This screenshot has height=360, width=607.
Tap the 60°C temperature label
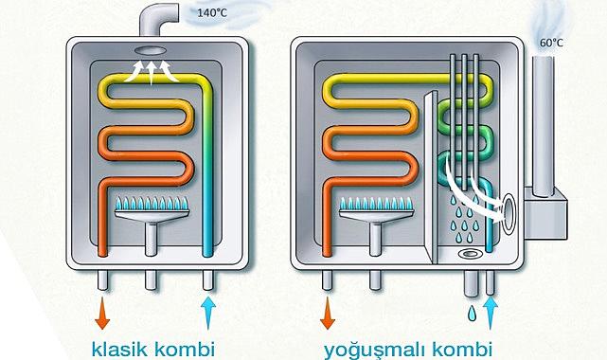tap(551, 44)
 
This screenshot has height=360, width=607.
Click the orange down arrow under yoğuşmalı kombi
tap(328, 314)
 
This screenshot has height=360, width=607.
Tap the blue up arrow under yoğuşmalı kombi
tap(490, 312)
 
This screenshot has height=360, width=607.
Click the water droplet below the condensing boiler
tap(470, 312)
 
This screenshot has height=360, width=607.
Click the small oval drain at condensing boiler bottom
tap(470, 254)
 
